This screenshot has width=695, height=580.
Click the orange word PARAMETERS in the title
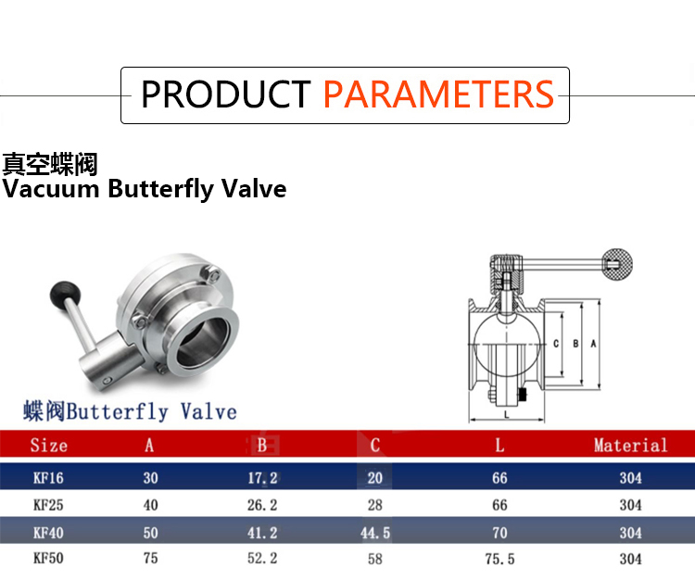[439, 94]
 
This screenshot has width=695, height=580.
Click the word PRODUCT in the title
[225, 94]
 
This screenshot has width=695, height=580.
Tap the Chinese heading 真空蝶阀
[50, 164]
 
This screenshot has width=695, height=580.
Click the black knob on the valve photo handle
[66, 293]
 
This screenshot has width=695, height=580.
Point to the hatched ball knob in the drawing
[617, 264]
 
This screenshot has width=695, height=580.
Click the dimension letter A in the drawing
[593, 344]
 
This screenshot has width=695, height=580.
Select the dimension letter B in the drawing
[575, 344]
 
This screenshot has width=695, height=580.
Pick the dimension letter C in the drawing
[556, 344]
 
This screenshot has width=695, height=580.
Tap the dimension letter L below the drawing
[507, 414]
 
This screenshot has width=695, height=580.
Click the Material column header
[630, 446]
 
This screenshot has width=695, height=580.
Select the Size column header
[49, 446]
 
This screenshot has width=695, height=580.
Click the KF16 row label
[48, 478]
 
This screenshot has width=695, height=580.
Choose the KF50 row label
[48, 559]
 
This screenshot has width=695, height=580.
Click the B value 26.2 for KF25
[262, 505]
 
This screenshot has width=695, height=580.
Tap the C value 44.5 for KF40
[375, 533]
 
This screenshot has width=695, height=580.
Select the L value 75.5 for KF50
[499, 559]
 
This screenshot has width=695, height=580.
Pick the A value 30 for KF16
[151, 478]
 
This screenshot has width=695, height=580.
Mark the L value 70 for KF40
[499, 533]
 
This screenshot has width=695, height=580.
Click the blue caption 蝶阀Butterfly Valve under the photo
[130, 411]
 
